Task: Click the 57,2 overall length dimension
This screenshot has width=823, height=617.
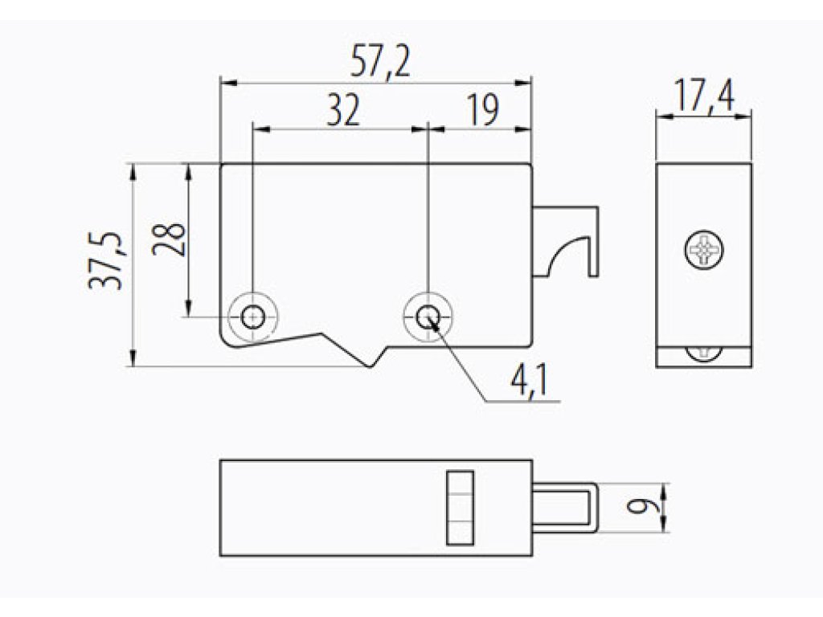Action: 380,62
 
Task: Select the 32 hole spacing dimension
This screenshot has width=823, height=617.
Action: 343,110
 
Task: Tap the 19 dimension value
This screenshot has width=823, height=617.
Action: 483,110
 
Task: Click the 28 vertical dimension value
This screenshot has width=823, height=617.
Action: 169,239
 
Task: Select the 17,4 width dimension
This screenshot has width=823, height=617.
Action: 704,96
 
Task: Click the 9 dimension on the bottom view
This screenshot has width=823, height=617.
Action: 639,507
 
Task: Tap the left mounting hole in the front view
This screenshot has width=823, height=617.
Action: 253,317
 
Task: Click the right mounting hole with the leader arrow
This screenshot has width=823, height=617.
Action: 428,316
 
